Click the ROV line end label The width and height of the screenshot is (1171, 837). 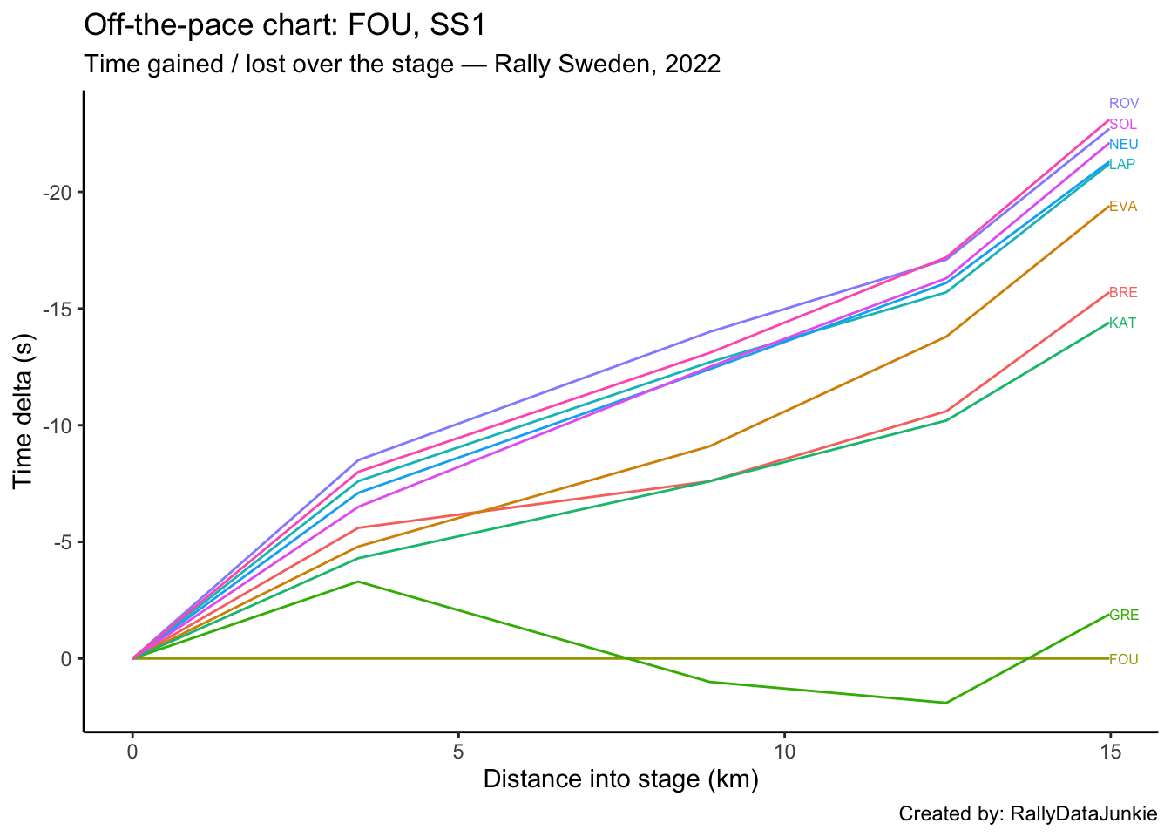pyautogui.click(x=1124, y=104)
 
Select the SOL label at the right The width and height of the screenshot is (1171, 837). pyautogui.click(x=1123, y=125)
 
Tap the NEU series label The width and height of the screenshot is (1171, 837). pyautogui.click(x=1124, y=145)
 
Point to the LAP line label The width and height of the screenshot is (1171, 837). pyautogui.click(x=1122, y=165)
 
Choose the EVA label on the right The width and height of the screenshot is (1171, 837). pyautogui.click(x=1123, y=207)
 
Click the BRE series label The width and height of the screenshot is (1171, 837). pyautogui.click(x=1123, y=293)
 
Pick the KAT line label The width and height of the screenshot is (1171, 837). pyautogui.click(x=1122, y=323)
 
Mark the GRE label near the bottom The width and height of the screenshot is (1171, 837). pyautogui.click(x=1124, y=616)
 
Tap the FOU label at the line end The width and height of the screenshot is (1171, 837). pyautogui.click(x=1124, y=660)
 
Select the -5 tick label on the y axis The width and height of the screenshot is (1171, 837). pyautogui.click(x=61, y=542)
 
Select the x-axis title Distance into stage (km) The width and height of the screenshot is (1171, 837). pyautogui.click(x=620, y=779)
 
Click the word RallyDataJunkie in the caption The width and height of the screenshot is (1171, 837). pyautogui.click(x=1084, y=814)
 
